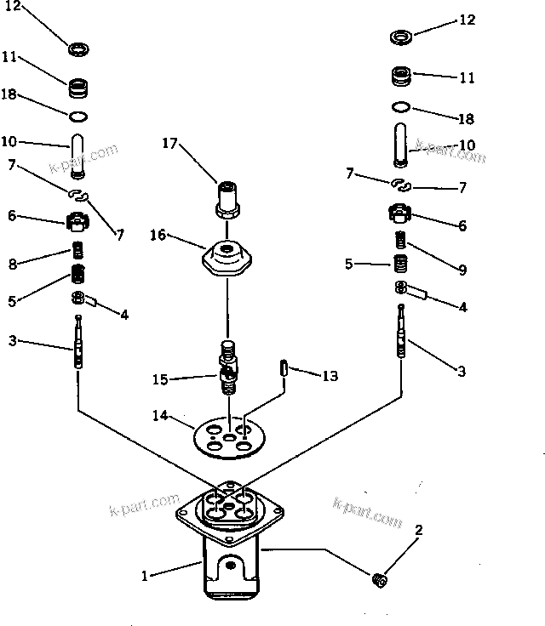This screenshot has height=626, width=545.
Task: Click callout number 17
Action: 169,145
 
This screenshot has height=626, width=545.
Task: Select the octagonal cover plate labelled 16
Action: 227,256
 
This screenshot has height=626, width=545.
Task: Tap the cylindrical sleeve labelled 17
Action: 227,198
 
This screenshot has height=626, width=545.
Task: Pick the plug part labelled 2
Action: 381,580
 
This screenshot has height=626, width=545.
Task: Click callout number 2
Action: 417,531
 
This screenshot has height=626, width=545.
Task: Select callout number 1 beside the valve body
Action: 146,576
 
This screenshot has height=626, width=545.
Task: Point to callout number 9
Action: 461,270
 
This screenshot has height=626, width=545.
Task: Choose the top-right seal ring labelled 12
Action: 403,37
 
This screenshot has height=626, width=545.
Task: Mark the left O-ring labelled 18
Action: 79,116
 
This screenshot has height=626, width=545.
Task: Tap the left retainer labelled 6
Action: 78,223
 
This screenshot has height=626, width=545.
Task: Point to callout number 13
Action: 330,374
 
